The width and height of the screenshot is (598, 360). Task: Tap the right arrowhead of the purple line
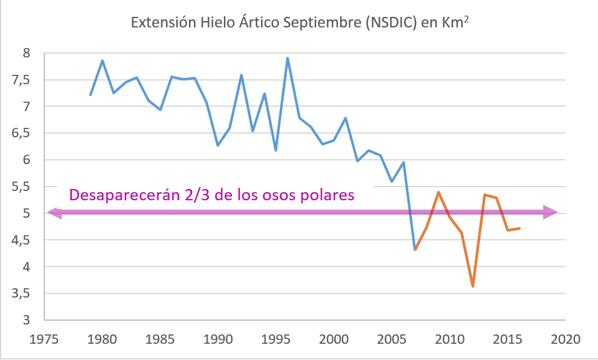pos(551,213)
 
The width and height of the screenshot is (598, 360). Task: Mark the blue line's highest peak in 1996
pos(287,58)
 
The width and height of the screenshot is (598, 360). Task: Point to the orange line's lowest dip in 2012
pos(473,286)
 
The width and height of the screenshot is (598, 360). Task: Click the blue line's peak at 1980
pos(102,61)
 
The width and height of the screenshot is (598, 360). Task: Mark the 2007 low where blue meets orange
pos(415,250)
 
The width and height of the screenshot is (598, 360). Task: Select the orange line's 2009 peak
pos(438,192)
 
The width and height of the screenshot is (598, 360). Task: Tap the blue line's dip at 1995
pos(276,150)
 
